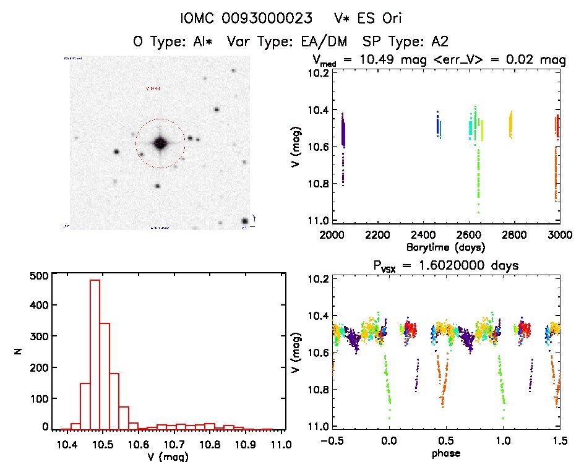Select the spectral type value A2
pyautogui.click(x=440, y=42)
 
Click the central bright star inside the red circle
pyautogui.click(x=160, y=143)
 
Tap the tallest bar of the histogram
pyautogui.click(x=95, y=354)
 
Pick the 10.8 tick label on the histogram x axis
pyautogui.click(x=210, y=445)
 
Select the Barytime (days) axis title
pyautogui.click(x=445, y=247)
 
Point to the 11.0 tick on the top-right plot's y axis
pyautogui.click(x=319, y=221)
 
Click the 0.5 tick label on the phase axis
pyautogui.click(x=446, y=442)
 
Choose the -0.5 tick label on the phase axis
pyautogui.click(x=330, y=442)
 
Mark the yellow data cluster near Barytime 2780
pyautogui.click(x=510, y=125)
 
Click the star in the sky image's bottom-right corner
pyautogui.click(x=245, y=221)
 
